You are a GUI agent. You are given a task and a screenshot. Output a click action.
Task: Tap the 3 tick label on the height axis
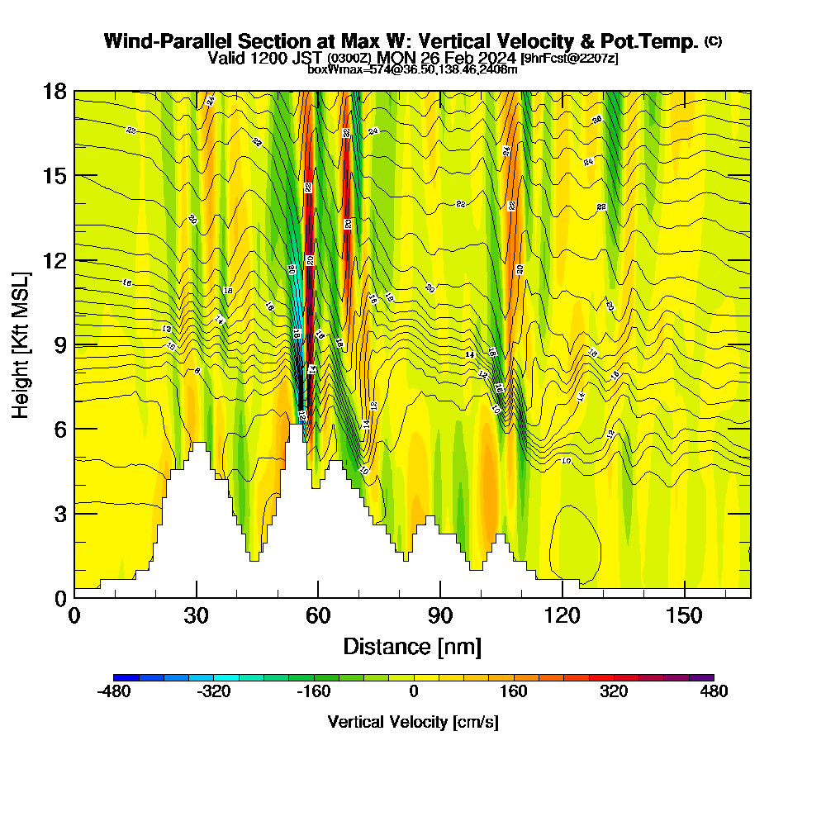59,514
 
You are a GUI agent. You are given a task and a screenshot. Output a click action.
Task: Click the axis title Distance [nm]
412,646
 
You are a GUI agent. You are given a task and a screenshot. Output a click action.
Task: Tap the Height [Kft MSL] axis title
21,344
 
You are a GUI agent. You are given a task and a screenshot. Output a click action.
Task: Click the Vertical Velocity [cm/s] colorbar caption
413,722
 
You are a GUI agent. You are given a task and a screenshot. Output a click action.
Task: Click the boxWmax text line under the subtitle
412,69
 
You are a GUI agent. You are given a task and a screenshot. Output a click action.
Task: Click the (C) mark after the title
713,41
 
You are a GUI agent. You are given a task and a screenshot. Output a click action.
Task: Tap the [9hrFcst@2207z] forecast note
569,59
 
